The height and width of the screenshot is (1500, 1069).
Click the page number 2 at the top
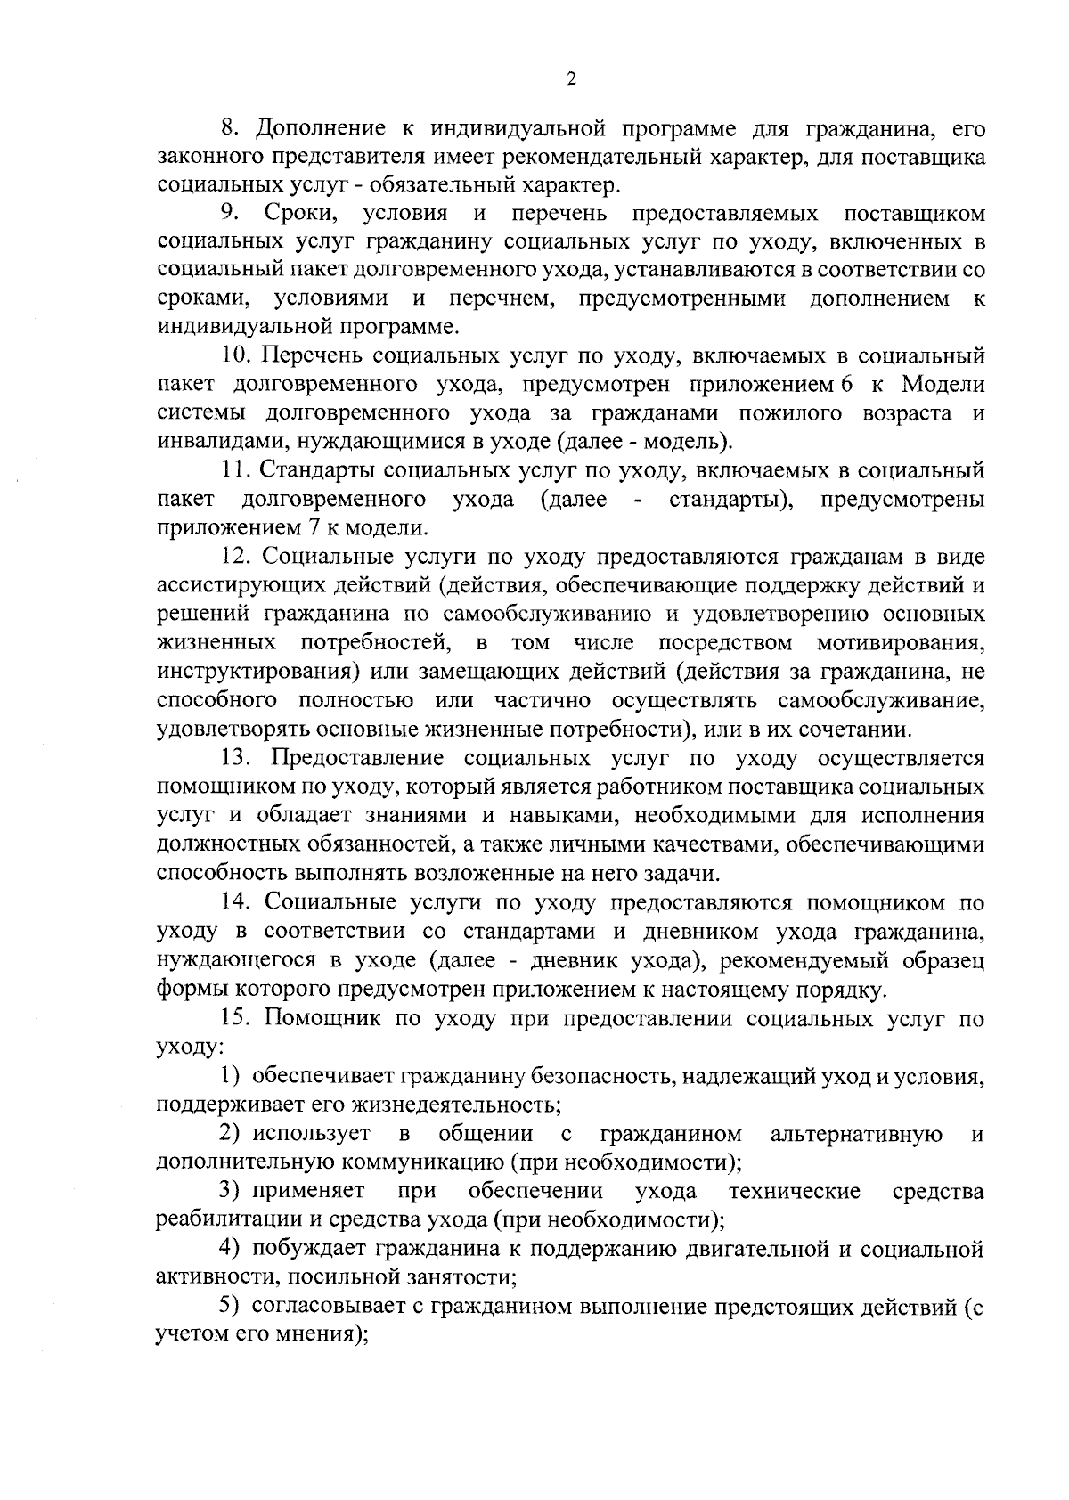571,78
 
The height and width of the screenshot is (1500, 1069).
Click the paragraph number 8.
228,128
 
